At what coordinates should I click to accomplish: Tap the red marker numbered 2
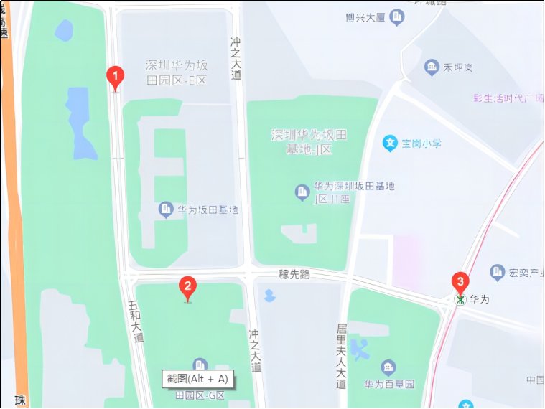tap(187, 288)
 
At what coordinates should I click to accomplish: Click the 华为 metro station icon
tap(460, 299)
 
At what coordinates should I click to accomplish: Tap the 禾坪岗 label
tap(457, 68)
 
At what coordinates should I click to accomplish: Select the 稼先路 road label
tap(294, 274)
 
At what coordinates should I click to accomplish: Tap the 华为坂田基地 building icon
tap(166, 210)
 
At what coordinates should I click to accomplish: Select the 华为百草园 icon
tap(388, 368)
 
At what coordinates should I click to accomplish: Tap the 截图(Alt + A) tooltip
tap(197, 379)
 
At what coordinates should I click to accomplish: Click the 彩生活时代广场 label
tap(506, 98)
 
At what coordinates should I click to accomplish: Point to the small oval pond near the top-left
tap(64, 30)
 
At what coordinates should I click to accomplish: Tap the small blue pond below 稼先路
tap(269, 295)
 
